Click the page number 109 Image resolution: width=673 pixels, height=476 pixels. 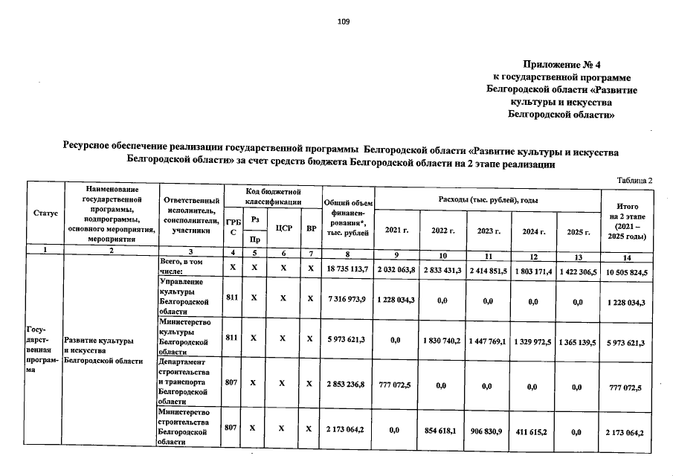[343, 22]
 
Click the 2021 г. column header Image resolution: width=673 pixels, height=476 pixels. [397, 231]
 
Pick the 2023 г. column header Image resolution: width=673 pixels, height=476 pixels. [487, 231]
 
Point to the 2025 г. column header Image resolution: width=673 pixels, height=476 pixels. [578, 231]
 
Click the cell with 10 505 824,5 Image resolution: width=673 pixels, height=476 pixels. [625, 274]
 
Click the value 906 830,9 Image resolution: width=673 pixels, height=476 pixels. [489, 431]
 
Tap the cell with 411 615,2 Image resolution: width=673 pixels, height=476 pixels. [532, 431]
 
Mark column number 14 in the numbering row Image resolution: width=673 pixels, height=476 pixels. [625, 257]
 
